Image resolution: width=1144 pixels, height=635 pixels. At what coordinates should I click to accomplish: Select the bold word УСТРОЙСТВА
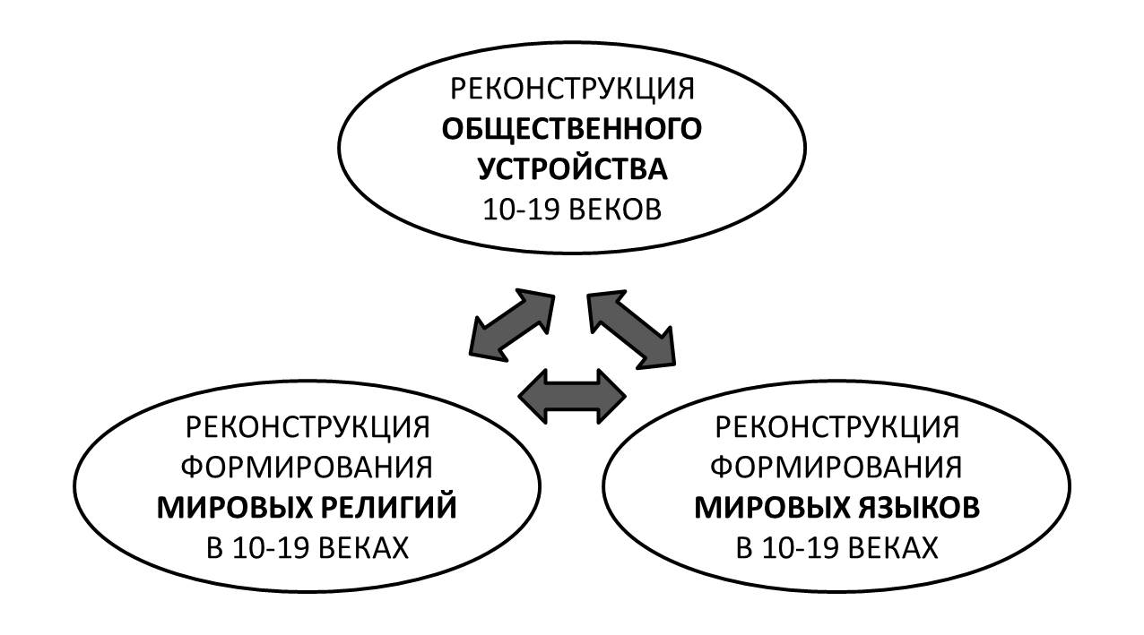tap(572, 170)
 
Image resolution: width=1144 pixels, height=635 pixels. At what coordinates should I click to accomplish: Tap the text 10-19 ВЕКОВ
tap(572, 210)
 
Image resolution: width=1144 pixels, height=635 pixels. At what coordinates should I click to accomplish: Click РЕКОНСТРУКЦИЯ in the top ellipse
tap(572, 90)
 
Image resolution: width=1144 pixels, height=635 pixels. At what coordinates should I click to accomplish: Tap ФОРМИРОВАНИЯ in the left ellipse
tap(308, 468)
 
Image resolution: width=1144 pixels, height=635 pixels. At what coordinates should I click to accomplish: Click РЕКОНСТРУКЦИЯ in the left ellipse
tap(308, 427)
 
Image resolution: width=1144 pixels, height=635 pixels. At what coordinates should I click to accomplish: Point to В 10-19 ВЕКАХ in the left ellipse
tap(308, 547)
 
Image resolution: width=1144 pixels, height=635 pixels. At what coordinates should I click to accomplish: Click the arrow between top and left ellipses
tap(510, 323)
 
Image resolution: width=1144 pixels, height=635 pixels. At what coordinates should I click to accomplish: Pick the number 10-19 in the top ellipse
tap(516, 210)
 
